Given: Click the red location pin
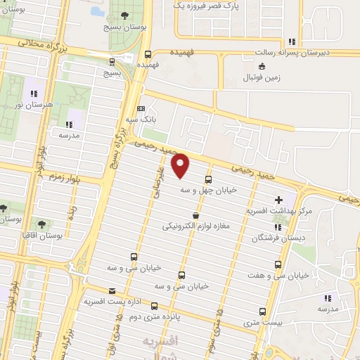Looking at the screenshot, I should click(x=181, y=166).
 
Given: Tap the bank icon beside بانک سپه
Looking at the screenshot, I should click(x=141, y=108).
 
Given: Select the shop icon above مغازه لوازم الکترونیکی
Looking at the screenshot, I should click(x=195, y=215).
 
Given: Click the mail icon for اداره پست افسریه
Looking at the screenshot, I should click(x=112, y=291).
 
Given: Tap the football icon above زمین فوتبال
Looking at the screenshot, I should click(x=262, y=66).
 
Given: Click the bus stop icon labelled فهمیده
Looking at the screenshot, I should click(x=148, y=54).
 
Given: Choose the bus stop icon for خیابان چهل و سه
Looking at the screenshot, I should click(x=208, y=179).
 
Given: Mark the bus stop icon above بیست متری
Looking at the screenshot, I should click(x=263, y=311).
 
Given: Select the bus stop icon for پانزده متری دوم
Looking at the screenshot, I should click(x=164, y=307).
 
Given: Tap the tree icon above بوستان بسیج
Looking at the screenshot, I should click(x=125, y=15).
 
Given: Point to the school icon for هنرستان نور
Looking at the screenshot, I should click(x=33, y=94).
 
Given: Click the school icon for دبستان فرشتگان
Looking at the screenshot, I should click(x=278, y=227).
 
